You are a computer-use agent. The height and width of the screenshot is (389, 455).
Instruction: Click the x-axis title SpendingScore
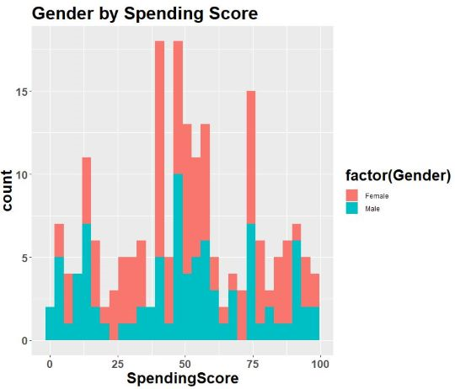click(182, 379)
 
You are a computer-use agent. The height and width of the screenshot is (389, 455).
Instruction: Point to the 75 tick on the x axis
click(251, 362)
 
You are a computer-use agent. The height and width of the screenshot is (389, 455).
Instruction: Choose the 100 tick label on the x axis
click(318, 362)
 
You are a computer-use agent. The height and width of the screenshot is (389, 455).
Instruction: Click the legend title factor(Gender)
click(398, 175)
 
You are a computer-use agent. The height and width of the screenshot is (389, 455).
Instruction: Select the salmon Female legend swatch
click(352, 195)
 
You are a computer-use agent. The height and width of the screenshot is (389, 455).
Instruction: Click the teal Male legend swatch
click(352, 210)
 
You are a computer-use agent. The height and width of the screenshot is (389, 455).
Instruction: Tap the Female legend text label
click(377, 195)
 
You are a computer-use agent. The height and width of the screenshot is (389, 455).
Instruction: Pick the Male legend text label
click(372, 210)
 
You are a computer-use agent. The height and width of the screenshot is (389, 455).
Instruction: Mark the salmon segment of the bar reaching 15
click(250, 157)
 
